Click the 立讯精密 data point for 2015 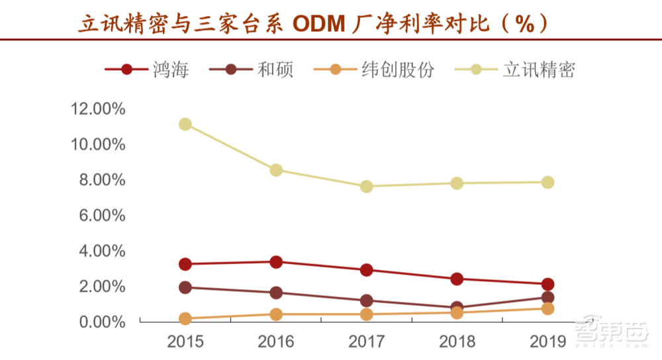[185, 124]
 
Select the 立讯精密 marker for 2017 [367, 187]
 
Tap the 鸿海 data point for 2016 [276, 262]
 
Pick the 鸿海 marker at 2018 [457, 279]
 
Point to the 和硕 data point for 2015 [185, 288]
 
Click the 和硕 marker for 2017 [367, 301]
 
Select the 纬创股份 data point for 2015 [185, 319]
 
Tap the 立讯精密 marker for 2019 [547, 183]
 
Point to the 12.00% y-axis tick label [98, 109]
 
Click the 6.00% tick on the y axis [102, 216]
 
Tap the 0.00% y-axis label [102, 322]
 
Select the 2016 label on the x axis [276, 342]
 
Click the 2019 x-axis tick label [547, 342]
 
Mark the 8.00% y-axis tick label [102, 180]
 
